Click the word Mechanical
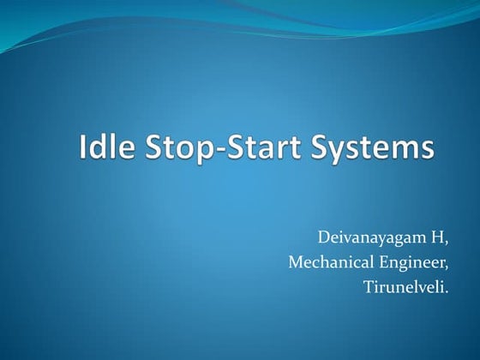click(x=331, y=261)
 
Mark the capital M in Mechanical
click(x=294, y=261)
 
